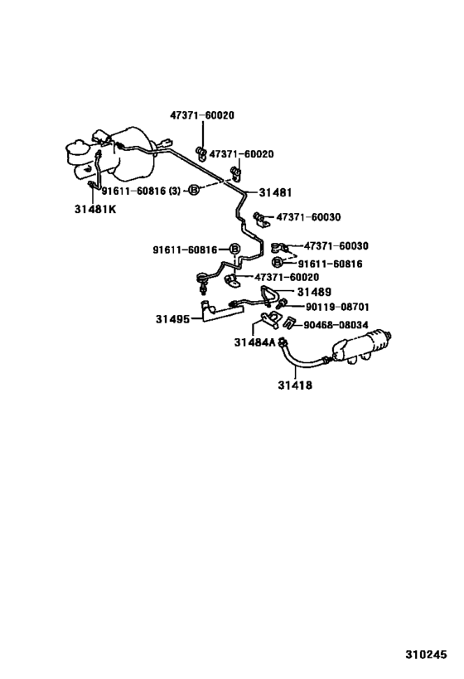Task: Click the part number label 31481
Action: (275, 192)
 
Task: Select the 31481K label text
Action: (95, 209)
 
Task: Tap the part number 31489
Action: (314, 292)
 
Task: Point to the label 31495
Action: (172, 319)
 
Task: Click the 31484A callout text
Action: (255, 342)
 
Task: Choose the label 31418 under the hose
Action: (295, 385)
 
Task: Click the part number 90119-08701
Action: (337, 307)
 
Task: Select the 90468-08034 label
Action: (336, 325)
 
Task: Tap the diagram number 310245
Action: (426, 654)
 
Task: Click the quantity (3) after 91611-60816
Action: (174, 191)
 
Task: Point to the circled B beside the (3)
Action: (194, 190)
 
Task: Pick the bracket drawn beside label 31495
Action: (220, 310)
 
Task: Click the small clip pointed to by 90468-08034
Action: (289, 323)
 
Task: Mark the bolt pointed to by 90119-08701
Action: (281, 304)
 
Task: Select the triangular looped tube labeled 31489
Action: (269, 294)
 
